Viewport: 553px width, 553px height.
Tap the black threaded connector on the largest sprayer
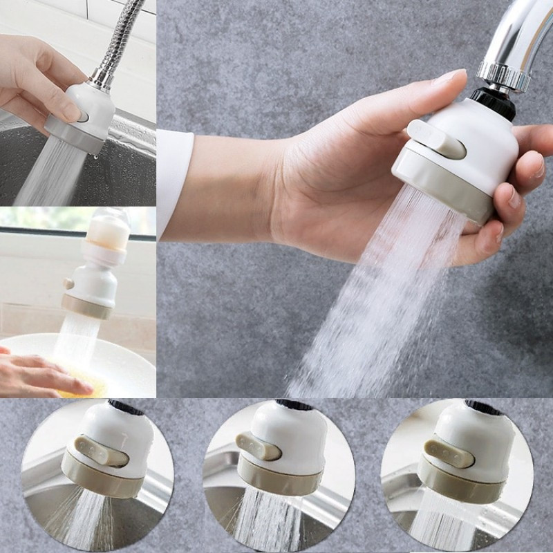[x=494, y=101]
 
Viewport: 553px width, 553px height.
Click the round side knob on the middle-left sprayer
[x=68, y=283]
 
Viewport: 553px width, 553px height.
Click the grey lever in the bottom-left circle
[x=100, y=453]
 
